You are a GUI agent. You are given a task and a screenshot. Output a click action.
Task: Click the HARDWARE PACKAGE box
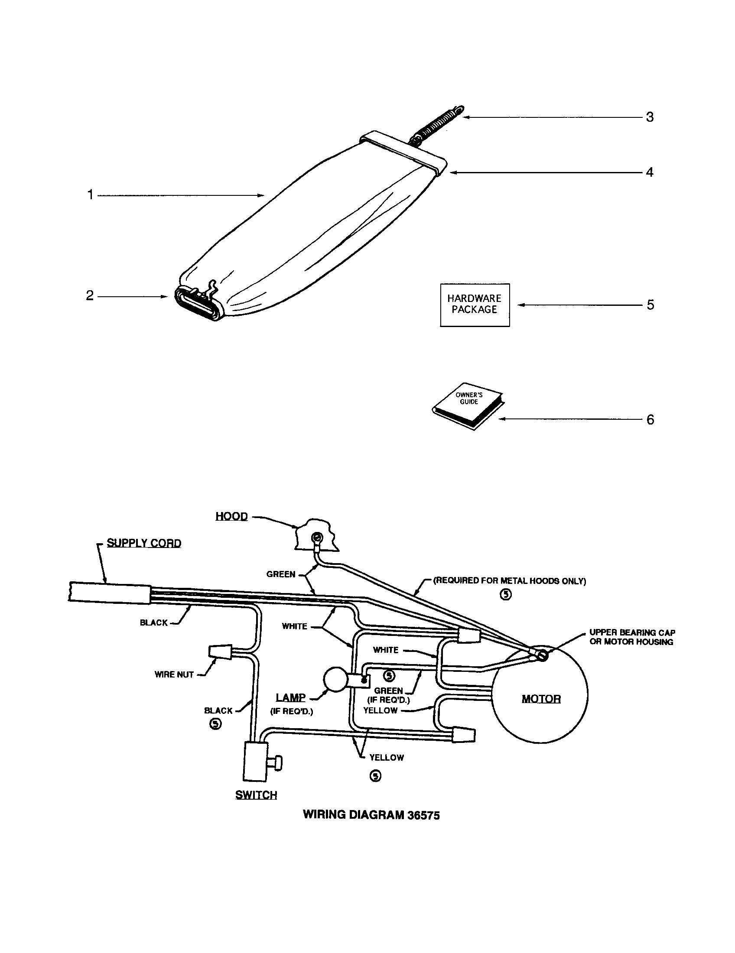point(475,304)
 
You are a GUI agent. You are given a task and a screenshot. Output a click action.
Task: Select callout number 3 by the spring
point(650,117)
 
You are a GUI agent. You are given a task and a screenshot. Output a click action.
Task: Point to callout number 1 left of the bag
point(90,194)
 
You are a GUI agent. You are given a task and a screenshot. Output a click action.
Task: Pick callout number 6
point(650,420)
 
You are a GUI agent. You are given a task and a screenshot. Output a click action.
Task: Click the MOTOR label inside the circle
point(541,699)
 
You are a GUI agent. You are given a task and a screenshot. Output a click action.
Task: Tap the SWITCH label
point(256,794)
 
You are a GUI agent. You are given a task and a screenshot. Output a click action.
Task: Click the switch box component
point(255,762)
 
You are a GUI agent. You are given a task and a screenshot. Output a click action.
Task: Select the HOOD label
point(231,516)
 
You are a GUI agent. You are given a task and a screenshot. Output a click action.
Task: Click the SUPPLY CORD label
point(143,543)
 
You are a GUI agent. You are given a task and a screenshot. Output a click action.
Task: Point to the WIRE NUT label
point(174,674)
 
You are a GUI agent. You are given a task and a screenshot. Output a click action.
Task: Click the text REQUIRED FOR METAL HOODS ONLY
point(509,581)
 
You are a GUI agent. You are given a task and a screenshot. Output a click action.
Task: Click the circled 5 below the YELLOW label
point(375,775)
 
